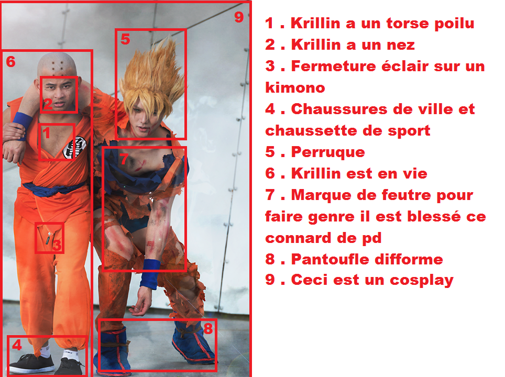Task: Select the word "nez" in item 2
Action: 401,45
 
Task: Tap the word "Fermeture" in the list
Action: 333,66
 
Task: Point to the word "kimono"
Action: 295,87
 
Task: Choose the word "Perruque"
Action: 328,152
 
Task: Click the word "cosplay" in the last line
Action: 422,280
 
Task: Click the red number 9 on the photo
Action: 239,17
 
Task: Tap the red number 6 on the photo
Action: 10,61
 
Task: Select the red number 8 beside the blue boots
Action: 208,328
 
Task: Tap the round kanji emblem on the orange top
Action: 75,148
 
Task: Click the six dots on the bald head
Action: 57,66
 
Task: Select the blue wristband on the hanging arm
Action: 150,273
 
